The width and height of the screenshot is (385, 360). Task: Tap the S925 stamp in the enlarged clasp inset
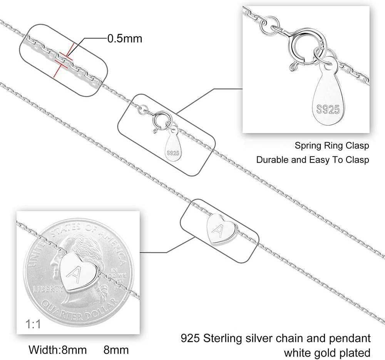[x=329, y=110]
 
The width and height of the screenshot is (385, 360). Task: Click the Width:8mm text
[x=58, y=350]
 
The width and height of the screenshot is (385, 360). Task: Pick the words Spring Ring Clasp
[x=332, y=146]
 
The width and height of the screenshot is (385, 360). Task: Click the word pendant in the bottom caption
[x=349, y=339]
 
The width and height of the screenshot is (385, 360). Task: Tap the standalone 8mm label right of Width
[x=116, y=350]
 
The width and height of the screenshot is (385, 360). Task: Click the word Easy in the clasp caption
[x=320, y=159]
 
